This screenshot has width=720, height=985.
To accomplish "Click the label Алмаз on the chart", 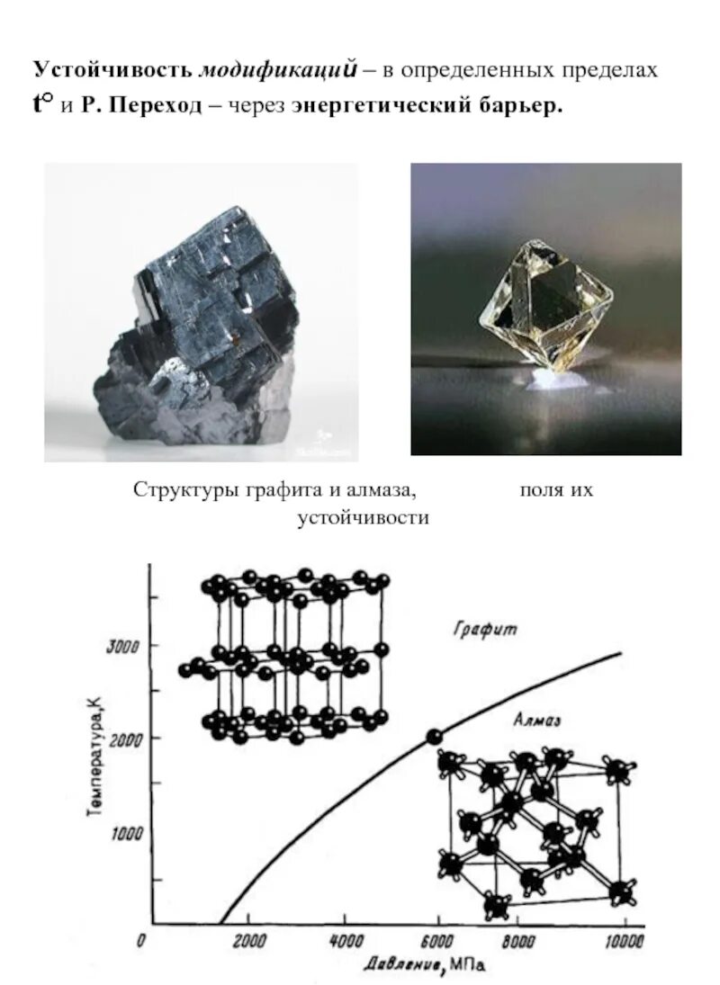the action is tap(537, 720).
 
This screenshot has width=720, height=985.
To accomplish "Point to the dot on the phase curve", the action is tap(434, 737).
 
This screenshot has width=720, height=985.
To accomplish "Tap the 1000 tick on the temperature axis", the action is tap(126, 833).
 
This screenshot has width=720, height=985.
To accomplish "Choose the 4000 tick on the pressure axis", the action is tap(346, 942).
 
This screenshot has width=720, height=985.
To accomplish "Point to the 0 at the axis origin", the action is tap(141, 941).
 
